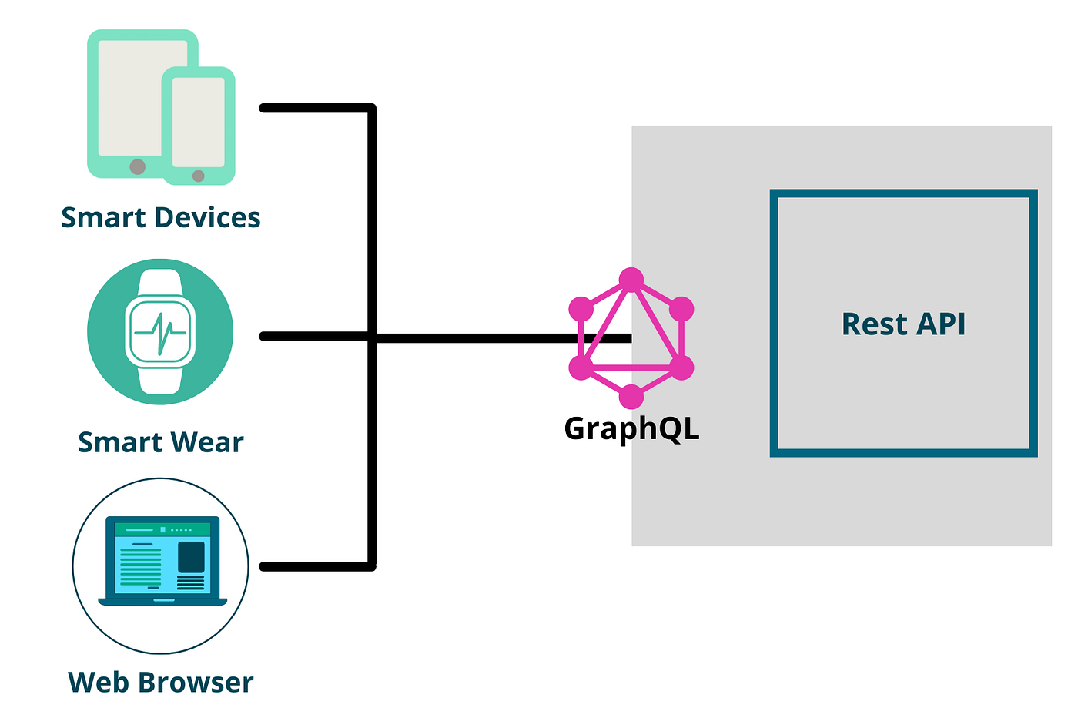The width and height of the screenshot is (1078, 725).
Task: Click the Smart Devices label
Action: click(x=161, y=218)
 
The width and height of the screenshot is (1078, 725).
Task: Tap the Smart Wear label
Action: click(x=161, y=443)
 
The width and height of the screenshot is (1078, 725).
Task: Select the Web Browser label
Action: click(x=161, y=683)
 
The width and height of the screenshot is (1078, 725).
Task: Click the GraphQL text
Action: click(x=631, y=429)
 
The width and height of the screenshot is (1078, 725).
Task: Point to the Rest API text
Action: click(x=903, y=324)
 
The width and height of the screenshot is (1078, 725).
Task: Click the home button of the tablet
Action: click(x=138, y=166)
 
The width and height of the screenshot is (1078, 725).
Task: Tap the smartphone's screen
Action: click(x=199, y=122)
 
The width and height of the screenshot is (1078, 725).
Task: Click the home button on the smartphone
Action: click(x=199, y=176)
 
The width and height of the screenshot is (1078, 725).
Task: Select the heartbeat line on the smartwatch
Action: click(x=160, y=333)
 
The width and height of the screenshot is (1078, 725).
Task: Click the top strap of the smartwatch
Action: click(x=160, y=282)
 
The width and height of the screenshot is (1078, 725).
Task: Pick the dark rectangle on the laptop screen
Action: click(x=191, y=556)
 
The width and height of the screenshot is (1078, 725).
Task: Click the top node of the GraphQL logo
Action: click(x=631, y=280)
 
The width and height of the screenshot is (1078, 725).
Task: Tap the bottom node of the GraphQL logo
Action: click(x=631, y=397)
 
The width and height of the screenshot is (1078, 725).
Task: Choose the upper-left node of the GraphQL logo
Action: click(x=581, y=309)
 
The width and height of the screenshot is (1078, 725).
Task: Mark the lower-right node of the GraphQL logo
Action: click(x=682, y=368)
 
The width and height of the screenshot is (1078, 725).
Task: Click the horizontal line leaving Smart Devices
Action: click(x=316, y=109)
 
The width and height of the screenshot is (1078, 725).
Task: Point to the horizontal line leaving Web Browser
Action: click(x=316, y=567)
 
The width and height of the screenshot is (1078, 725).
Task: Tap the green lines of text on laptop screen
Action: click(x=141, y=567)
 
